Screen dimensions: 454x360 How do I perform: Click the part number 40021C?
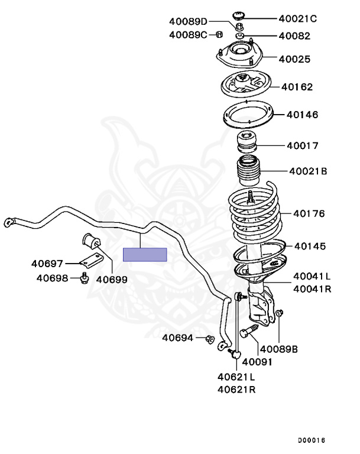pyautogui.click(x=298, y=19)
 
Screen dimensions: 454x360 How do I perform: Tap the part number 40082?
pyautogui.click(x=294, y=36)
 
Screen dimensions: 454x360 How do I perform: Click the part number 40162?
pyautogui.click(x=297, y=87)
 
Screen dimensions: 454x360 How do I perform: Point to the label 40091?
pyautogui.click(x=257, y=361)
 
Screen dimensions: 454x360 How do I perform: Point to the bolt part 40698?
pyautogui.click(x=84, y=277)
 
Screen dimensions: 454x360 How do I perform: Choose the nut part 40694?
pyautogui.click(x=209, y=339)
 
